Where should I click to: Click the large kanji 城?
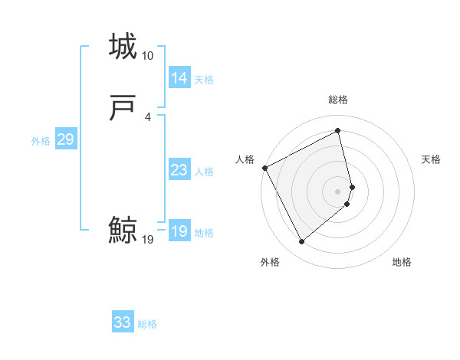pos(123,47)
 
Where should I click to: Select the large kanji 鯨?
pos(123,231)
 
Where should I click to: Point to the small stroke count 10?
pos(147,56)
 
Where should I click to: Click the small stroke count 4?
pos(147,116)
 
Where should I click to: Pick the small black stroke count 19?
pos(147,240)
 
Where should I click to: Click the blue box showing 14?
pos(179,78)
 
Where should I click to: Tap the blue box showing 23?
pos(179,170)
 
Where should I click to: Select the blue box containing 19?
pos(179,231)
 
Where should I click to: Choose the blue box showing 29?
pos(65,139)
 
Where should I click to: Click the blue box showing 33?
pos(122,322)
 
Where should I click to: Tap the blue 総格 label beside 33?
pos(147,324)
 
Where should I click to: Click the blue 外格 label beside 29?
pos(40,141)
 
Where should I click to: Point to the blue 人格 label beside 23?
pos(204,172)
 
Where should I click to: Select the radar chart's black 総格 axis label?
pos(337,100)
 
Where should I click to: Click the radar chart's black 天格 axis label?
pos(431,159)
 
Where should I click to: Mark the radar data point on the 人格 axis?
pos(264,167)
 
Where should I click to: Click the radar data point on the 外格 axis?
pos(301,242)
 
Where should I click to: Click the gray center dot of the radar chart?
pos(337,191)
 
